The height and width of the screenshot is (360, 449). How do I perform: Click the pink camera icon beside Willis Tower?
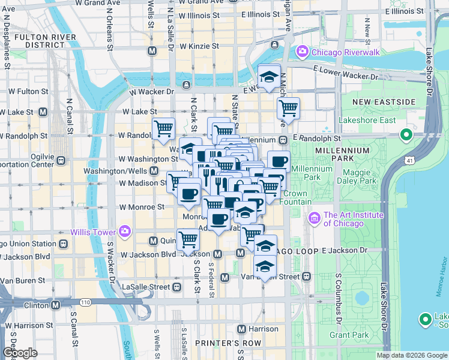click(x=125, y=230)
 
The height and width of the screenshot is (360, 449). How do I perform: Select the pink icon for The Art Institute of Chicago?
click(x=315, y=217)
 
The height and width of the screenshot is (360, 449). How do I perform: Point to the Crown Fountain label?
click(x=298, y=197)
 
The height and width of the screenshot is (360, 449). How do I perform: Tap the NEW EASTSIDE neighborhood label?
click(x=383, y=102)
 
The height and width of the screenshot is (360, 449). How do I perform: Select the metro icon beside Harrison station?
click(x=242, y=329)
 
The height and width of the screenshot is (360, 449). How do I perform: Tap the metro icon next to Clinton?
click(x=55, y=305)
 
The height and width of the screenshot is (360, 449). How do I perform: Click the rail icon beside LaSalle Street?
click(x=176, y=287)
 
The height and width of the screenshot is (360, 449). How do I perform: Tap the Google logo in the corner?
click(x=20, y=353)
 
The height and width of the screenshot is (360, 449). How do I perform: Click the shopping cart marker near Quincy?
click(x=188, y=239)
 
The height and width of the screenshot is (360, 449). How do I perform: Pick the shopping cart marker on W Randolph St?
click(x=163, y=128)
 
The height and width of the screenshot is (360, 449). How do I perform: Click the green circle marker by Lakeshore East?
click(x=406, y=135)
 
